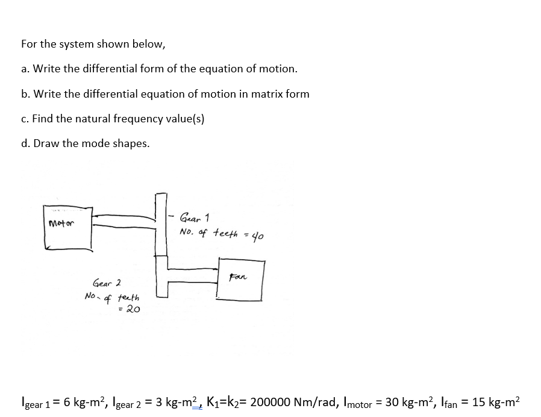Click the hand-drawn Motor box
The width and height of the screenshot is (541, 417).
point(68,227)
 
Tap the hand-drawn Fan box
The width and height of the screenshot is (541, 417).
point(241,280)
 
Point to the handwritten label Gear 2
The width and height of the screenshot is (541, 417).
point(107,283)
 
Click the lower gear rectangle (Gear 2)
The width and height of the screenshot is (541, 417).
point(161,276)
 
